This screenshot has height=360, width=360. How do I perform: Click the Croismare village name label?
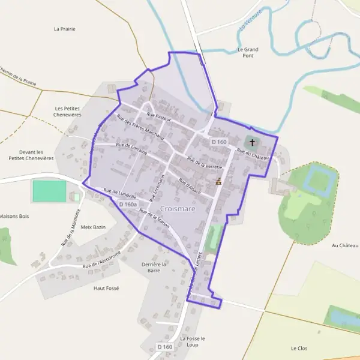(177, 209)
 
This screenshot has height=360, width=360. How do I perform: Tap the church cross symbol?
(252, 143)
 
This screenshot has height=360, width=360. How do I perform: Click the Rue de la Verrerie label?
(205, 161)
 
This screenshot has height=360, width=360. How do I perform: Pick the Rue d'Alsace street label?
(189, 184)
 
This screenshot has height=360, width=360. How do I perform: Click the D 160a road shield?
(128, 205)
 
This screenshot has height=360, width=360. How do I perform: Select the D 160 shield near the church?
(219, 142)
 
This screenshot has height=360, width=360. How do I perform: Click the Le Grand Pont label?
(247, 52)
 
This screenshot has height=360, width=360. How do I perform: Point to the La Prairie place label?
(64, 28)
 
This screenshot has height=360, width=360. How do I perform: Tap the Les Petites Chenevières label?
(67, 112)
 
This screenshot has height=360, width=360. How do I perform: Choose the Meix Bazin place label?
(93, 227)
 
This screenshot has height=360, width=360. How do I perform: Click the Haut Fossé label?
(106, 288)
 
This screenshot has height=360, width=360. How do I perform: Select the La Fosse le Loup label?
(192, 341)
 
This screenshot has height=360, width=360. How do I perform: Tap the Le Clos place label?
(299, 348)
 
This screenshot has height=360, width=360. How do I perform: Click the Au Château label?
(344, 245)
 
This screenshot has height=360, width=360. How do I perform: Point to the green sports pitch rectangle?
(49, 191)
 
